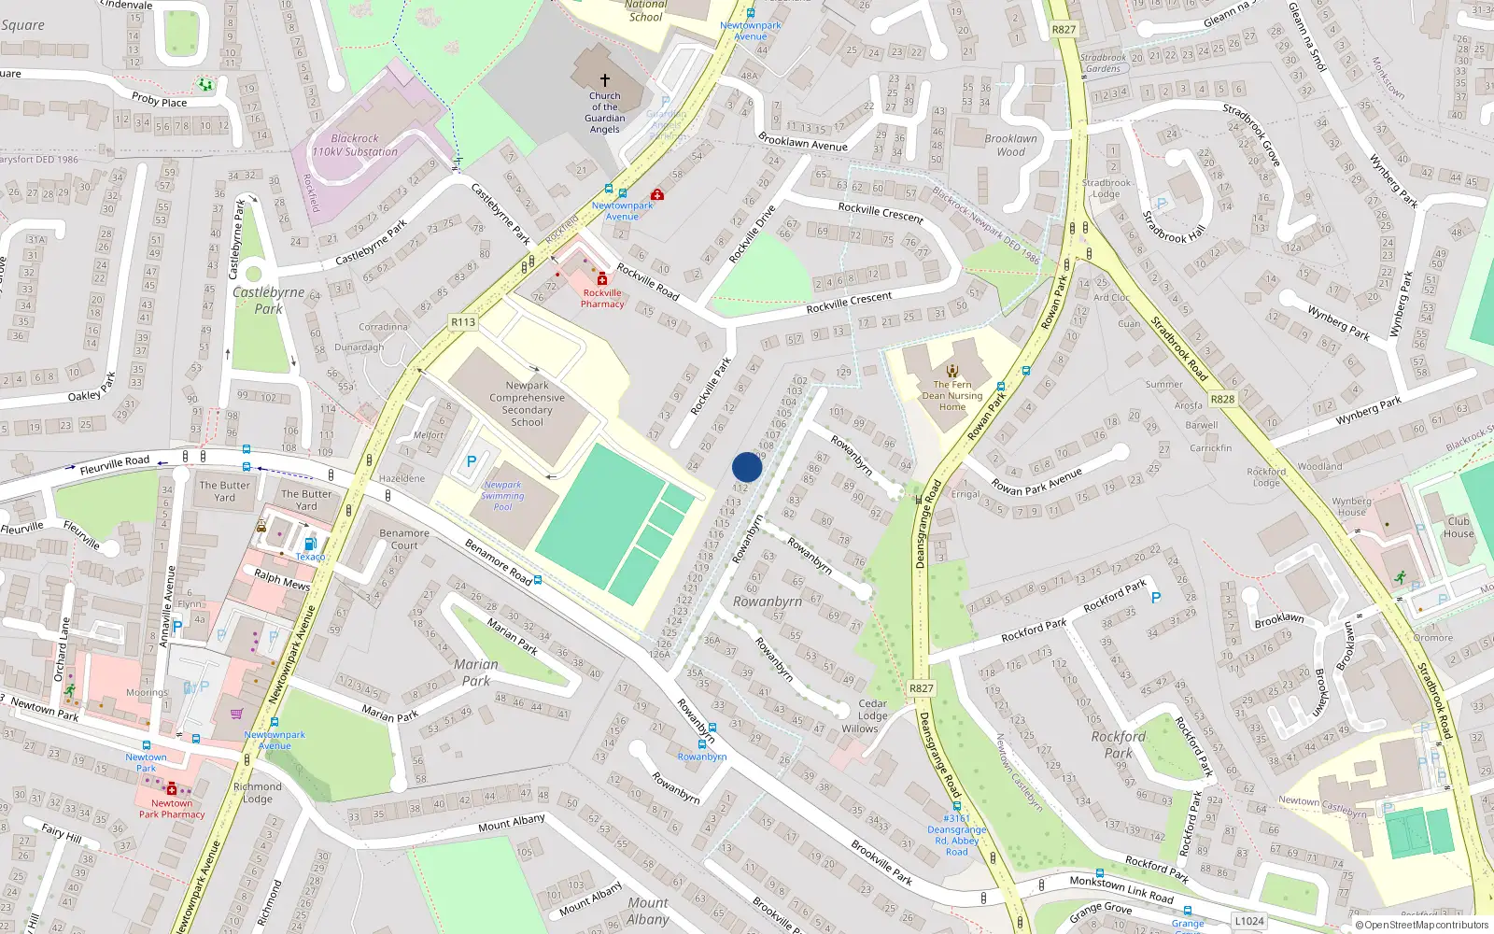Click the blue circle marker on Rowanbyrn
pyautogui.click(x=747, y=467)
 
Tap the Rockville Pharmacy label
pyautogui.click(x=602, y=298)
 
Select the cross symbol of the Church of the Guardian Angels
pyautogui.click(x=605, y=80)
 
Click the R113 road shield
pyautogui.click(x=463, y=322)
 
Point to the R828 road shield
pyautogui.click(x=1222, y=399)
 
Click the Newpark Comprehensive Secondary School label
pyautogui.click(x=527, y=403)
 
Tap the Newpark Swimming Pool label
pyautogui.click(x=502, y=495)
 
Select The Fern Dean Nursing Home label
pyautogui.click(x=952, y=395)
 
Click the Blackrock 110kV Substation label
pyautogui.click(x=355, y=145)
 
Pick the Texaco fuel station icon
pyautogui.click(x=310, y=544)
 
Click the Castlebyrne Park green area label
pyautogui.click(x=269, y=300)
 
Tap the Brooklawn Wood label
pyautogui.click(x=1010, y=145)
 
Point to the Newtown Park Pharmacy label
pyautogui.click(x=172, y=809)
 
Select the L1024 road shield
pyautogui.click(x=1249, y=921)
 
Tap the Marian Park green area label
pyautogui.click(x=476, y=672)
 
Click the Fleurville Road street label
pyautogui.click(x=114, y=464)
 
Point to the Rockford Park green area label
pyautogui.click(x=1118, y=744)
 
